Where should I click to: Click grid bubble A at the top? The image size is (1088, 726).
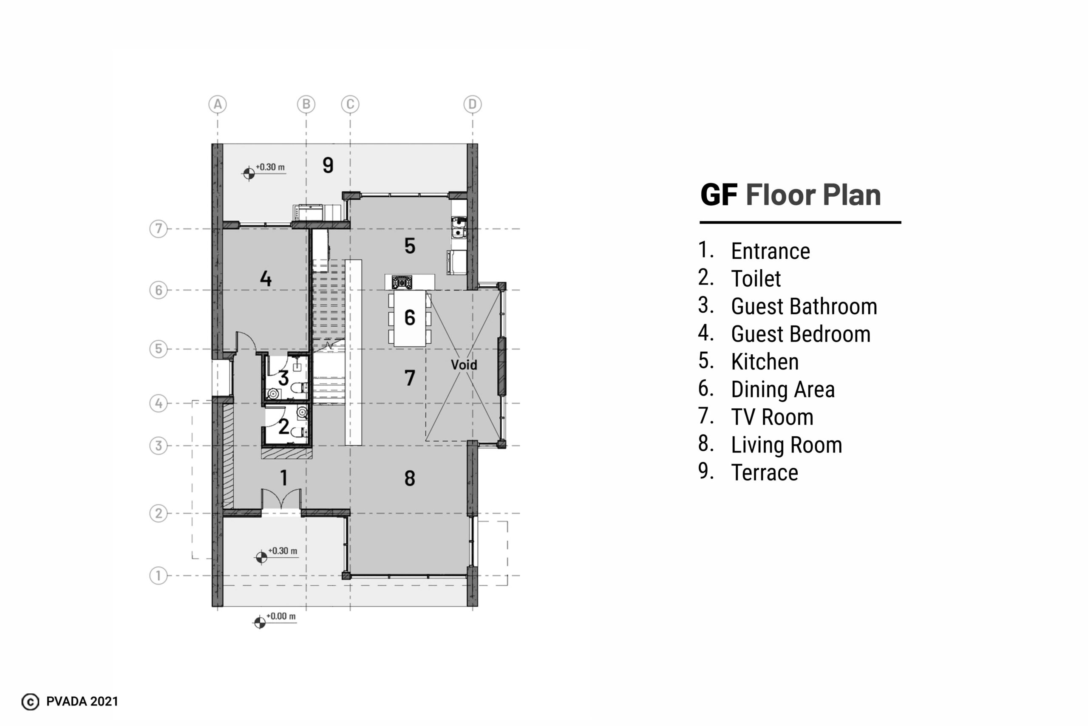218,105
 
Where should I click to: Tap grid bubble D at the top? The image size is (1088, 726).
473,105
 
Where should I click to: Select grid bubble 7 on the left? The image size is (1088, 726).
159,229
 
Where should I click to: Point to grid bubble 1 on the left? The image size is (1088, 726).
159,576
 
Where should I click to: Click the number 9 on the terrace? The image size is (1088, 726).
328,165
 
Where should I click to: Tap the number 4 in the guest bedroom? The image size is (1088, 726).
265,278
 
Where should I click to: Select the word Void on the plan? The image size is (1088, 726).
464,365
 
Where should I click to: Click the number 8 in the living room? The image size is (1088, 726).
409,478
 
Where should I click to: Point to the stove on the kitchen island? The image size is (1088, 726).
402,282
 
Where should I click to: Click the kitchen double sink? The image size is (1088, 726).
459,227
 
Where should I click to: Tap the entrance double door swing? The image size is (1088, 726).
281,499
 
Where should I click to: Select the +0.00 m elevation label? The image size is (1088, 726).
280,617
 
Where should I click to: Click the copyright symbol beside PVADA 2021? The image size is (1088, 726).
31,702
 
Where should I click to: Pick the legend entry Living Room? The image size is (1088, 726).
787,445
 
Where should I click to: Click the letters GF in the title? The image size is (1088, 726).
718,195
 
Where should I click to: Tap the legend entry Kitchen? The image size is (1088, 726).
765,362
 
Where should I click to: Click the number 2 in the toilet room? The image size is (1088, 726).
283,427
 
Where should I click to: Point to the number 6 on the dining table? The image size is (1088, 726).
409,318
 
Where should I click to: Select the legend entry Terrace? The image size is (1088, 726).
765,473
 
